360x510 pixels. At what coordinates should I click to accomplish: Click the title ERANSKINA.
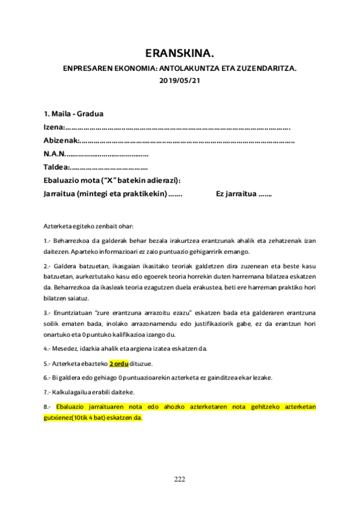click(179, 52)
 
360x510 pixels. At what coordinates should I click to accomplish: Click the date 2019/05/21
click(179, 81)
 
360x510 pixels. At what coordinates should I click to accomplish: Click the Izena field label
click(53, 127)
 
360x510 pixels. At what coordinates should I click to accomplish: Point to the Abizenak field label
click(61, 140)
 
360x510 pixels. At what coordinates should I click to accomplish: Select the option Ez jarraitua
click(236, 194)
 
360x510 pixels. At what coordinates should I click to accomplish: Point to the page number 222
click(179, 479)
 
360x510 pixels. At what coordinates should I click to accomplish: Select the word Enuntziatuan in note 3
click(74, 314)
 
